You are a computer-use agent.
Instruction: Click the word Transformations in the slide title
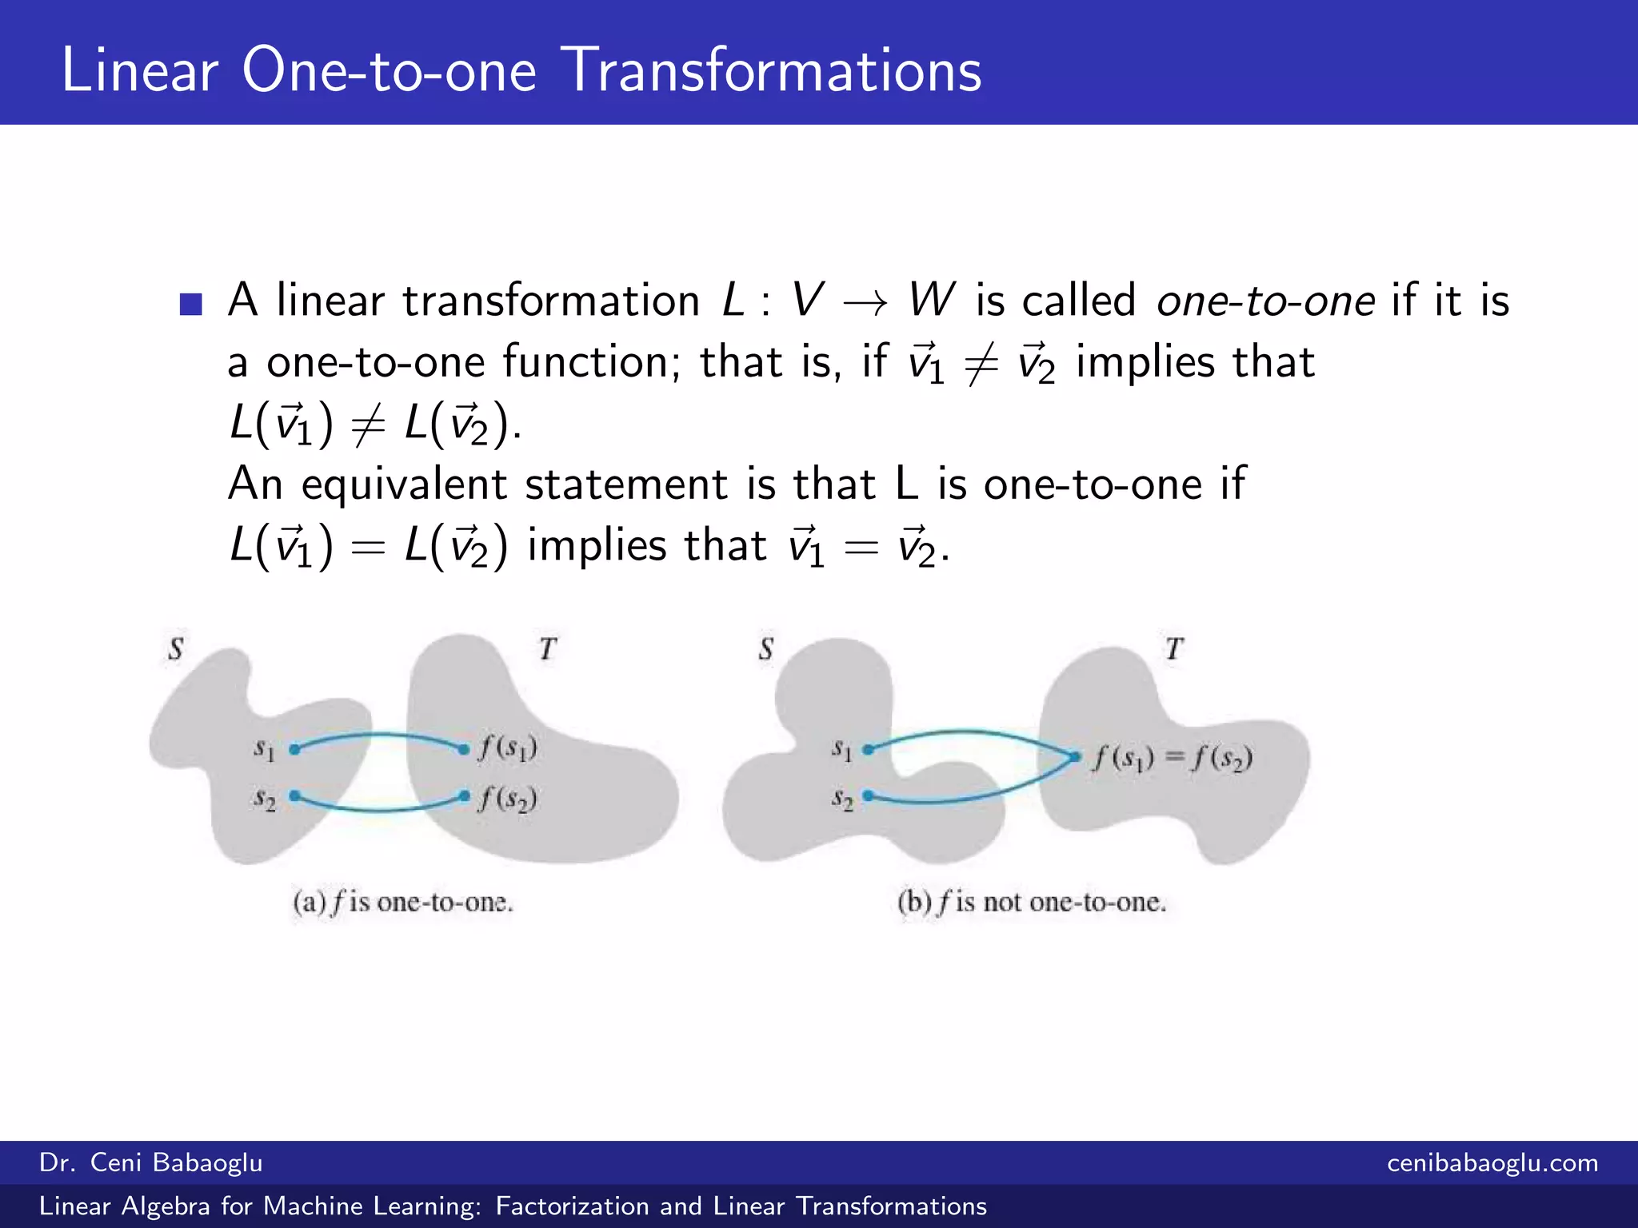773,70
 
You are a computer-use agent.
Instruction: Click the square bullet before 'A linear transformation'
190,304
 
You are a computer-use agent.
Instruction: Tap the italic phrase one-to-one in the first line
1265,301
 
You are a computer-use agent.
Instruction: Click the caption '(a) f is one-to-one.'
403,903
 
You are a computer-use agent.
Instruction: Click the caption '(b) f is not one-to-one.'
1032,903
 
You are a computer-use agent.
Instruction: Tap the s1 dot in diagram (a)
294,749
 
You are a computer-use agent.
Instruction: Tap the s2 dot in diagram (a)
294,795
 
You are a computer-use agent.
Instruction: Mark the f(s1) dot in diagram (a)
464,749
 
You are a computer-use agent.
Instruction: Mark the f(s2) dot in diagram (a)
465,795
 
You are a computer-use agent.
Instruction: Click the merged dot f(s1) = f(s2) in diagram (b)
1076,756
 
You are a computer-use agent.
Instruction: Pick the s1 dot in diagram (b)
869,749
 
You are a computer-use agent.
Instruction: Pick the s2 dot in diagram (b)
869,795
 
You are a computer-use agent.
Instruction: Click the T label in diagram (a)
547,648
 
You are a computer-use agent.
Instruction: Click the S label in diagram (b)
766,648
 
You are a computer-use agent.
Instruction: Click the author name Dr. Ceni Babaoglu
151,1162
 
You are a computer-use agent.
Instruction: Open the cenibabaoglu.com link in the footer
1492,1162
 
